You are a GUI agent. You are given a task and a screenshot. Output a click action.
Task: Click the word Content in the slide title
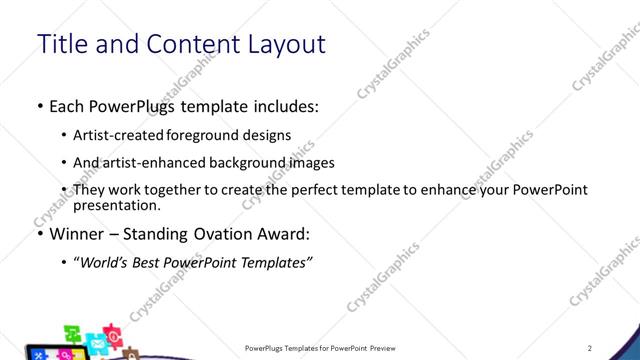196,45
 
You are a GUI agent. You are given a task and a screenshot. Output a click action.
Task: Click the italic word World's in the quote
109,263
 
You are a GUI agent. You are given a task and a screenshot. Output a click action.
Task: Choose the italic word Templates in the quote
278,263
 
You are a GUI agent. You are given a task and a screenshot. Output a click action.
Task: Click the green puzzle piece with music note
74,332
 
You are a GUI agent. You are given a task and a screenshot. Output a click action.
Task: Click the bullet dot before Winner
38,235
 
